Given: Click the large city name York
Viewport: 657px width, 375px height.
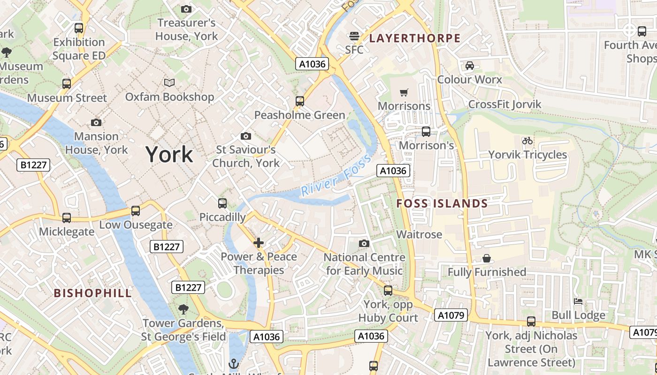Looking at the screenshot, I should (169, 154).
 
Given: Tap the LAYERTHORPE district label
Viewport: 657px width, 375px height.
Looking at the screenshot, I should (415, 38).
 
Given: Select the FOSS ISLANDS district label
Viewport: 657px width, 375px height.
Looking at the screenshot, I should (442, 203).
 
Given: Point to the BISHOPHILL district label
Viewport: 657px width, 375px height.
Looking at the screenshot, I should (93, 293).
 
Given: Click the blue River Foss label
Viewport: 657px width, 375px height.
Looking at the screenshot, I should (332, 181).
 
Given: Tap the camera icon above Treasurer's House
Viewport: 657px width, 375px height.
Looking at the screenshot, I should (186, 9).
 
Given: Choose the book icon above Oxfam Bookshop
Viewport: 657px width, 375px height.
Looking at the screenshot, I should (169, 82).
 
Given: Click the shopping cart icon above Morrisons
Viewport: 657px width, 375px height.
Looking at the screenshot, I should (404, 92).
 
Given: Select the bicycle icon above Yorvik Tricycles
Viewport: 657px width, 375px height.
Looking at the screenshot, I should (527, 141).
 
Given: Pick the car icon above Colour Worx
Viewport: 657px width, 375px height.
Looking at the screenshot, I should (469, 66).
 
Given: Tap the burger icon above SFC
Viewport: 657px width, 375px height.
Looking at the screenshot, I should (354, 36).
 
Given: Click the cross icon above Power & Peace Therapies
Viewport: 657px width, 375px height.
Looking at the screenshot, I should (259, 243).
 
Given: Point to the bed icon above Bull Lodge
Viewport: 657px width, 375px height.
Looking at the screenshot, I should (578, 301).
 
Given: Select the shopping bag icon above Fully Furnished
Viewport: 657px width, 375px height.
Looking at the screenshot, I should (487, 258).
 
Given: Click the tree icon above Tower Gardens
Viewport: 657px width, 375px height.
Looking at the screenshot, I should (183, 309).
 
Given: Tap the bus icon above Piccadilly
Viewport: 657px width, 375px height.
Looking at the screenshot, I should (222, 203).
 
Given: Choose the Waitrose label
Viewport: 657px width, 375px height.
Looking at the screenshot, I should (419, 234).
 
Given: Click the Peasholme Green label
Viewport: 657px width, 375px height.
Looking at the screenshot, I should (299, 115).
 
